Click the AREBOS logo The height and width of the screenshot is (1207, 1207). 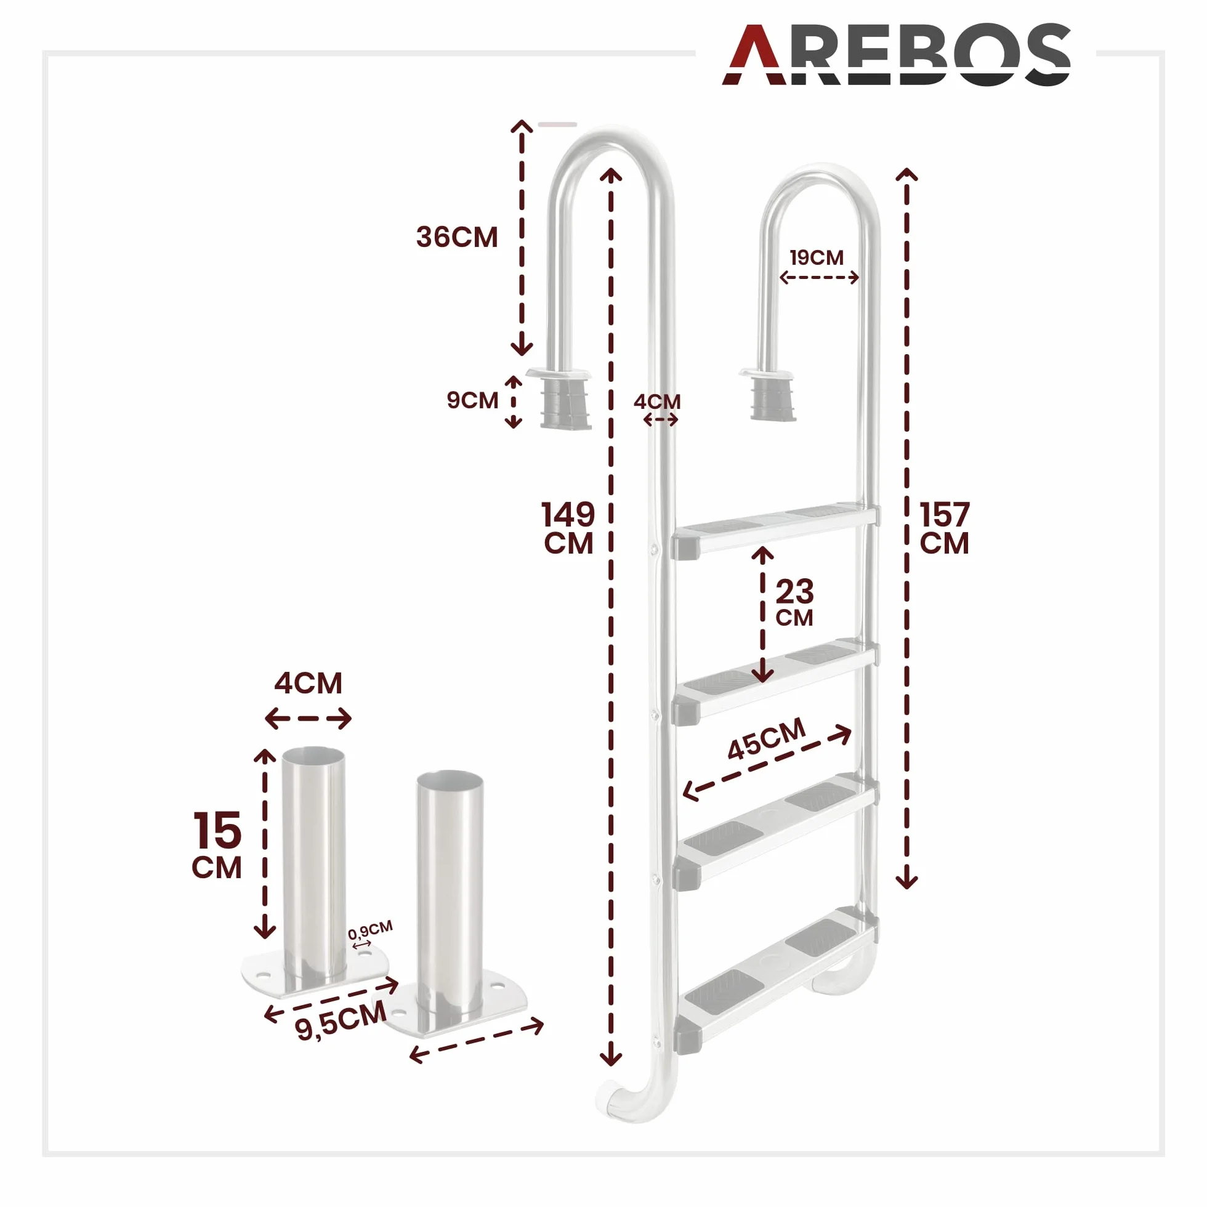pyautogui.click(x=897, y=54)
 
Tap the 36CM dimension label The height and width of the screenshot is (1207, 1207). pyautogui.click(x=457, y=238)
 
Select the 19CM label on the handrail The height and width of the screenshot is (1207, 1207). pyautogui.click(x=816, y=257)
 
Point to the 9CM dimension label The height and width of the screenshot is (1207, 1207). pyautogui.click(x=472, y=400)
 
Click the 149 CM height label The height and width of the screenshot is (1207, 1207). pyautogui.click(x=568, y=528)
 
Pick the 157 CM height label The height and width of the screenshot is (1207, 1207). pyautogui.click(x=944, y=528)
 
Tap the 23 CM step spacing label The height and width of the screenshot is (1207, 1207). pyautogui.click(x=794, y=602)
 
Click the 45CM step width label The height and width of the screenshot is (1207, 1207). pyautogui.click(x=767, y=739)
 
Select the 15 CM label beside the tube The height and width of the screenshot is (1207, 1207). pyautogui.click(x=217, y=845)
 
